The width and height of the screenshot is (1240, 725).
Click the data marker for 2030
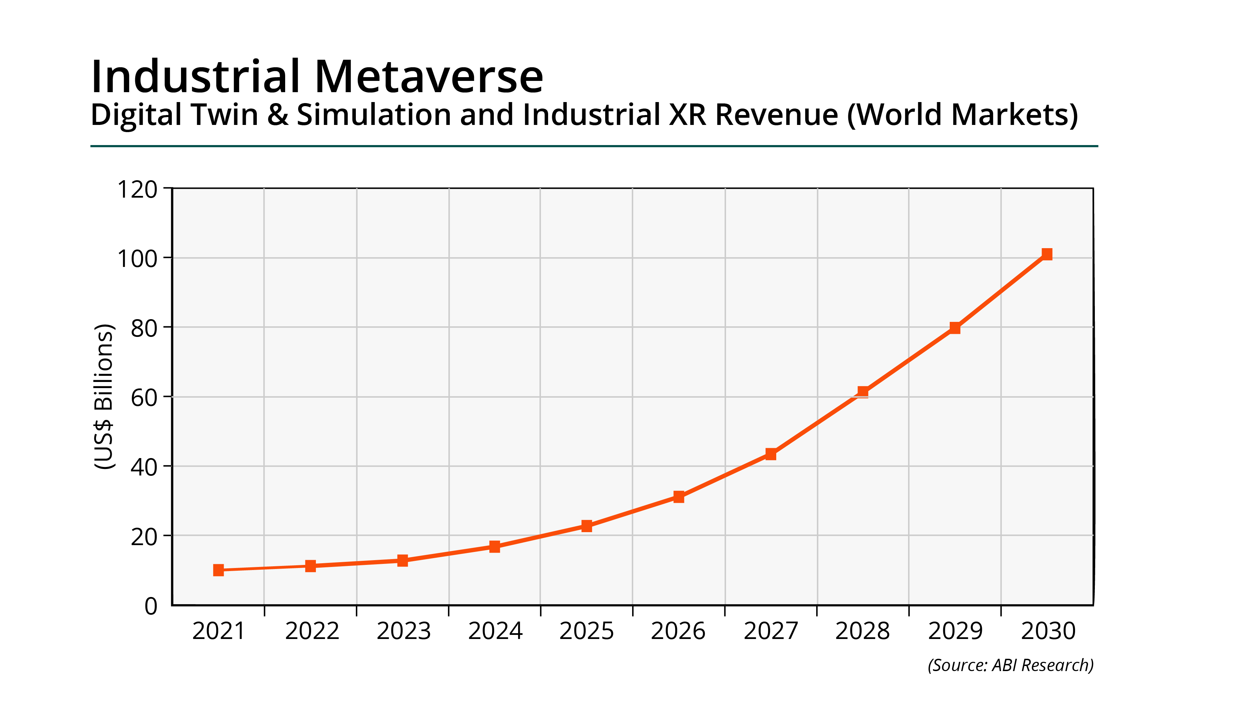1047,254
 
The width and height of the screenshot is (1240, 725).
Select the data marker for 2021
219,570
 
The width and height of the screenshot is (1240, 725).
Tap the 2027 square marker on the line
770,454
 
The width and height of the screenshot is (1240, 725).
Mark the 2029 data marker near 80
955,328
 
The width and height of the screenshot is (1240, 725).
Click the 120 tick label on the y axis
137,190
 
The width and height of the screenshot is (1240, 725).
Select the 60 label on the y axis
144,397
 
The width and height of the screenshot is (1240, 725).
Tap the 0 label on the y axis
151,606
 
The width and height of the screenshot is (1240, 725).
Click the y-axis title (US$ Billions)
104,396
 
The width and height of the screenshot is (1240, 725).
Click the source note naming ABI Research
1010,665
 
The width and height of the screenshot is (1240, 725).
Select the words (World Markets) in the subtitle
962,115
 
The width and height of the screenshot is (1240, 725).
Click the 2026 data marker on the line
679,497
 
